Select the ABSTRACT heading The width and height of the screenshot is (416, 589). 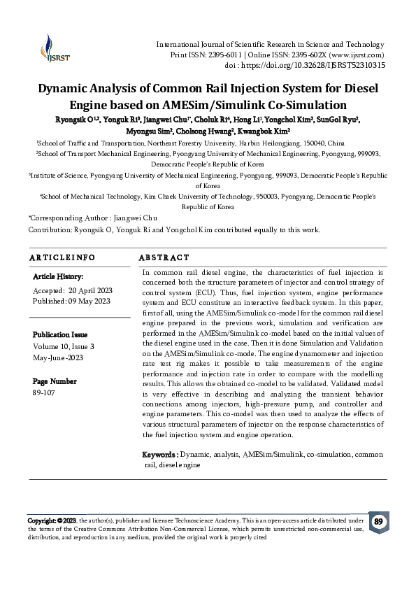(x=164, y=258)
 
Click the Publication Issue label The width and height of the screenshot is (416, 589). (x=64, y=335)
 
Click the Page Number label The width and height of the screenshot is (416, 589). (x=55, y=382)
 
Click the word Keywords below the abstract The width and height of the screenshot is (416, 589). (x=160, y=455)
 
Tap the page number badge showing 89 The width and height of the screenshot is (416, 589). (x=378, y=522)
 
